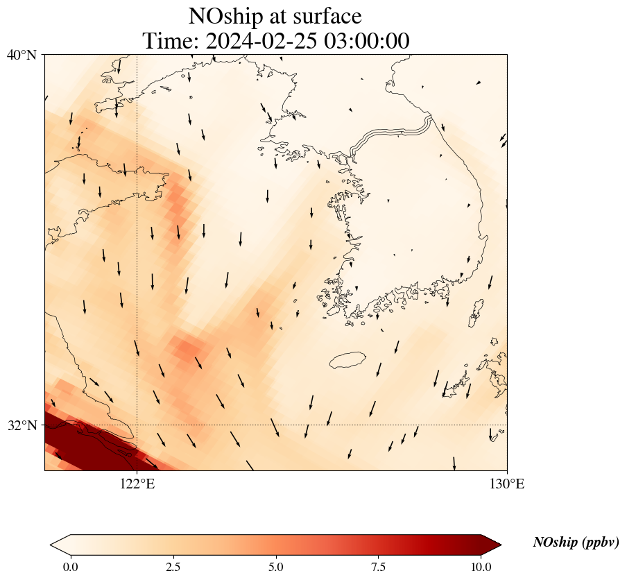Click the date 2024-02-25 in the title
click(258, 41)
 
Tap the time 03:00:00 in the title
click(365, 41)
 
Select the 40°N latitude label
click(22, 55)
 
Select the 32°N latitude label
click(22, 425)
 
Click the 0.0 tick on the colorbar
click(70, 567)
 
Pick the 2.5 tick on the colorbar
click(173, 567)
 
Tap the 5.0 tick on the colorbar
click(276, 567)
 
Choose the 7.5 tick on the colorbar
click(379, 567)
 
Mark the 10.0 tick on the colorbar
click(481, 567)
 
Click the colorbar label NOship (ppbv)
click(576, 543)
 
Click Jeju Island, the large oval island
click(351, 360)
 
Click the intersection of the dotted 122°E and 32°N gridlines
click(137, 425)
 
